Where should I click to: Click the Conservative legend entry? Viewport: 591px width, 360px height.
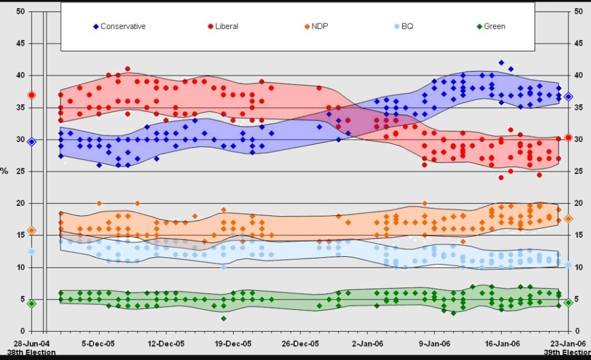pos(119,27)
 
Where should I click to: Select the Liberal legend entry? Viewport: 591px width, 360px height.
pos(222,27)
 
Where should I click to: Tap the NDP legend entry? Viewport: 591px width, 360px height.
pos(312,27)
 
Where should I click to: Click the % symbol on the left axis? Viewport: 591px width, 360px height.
pos(4,171)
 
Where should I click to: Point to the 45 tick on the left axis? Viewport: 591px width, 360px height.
pos(20,44)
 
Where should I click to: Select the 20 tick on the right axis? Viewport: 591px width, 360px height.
pos(579,204)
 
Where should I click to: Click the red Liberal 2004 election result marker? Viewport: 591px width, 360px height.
pos(32,95)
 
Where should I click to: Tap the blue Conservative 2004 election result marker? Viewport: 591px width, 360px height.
pos(32,141)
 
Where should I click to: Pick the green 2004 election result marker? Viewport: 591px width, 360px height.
pos(32,303)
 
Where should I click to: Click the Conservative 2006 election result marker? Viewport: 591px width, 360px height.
pos(568,97)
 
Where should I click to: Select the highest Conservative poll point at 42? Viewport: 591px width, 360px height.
pos(502,63)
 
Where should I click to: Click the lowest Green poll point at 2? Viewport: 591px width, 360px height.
pos(223,318)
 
